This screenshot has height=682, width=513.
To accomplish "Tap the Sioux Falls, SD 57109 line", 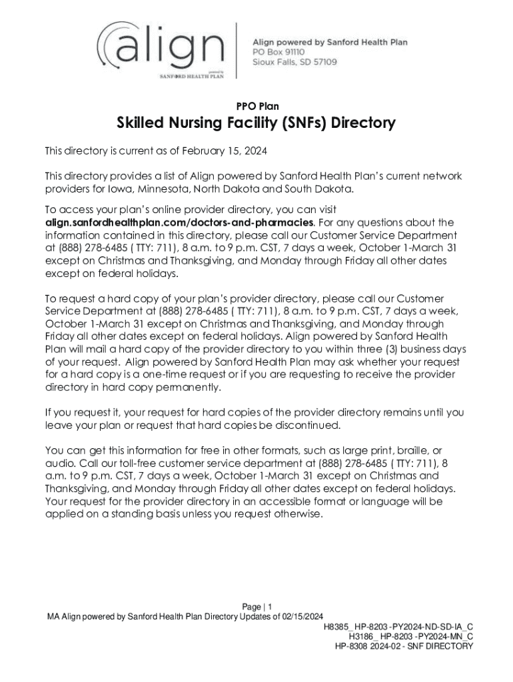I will click(294, 61).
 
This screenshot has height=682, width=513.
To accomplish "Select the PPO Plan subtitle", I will click(257, 106).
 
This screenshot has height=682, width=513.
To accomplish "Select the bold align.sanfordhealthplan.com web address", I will click(179, 222).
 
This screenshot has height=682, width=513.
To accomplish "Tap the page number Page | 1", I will click(257, 607).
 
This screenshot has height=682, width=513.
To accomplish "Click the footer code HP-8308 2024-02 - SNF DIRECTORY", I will click(404, 646).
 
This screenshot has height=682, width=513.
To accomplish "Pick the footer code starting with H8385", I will click(398, 627).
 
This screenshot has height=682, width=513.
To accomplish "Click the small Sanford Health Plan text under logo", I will click(191, 76).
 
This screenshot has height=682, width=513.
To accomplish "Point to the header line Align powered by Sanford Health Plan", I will click(330, 42).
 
